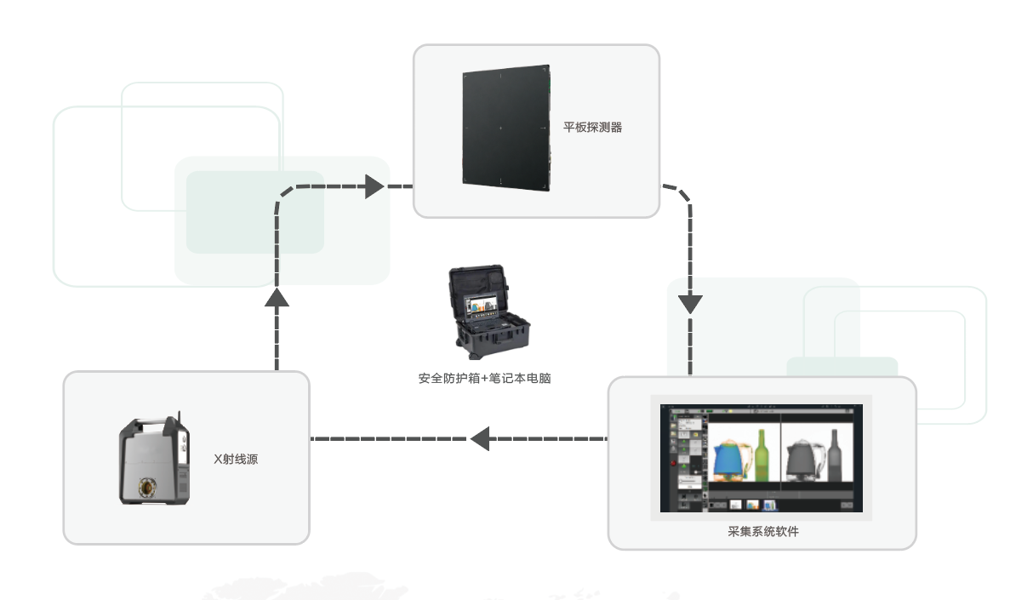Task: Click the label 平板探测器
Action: (593, 128)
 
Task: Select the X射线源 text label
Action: (236, 459)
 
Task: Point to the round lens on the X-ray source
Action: (149, 486)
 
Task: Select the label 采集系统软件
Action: (763, 532)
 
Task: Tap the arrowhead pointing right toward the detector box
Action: (374, 186)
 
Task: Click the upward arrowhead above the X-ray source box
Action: (277, 296)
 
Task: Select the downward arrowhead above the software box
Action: (690, 304)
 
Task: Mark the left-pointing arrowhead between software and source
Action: (480, 438)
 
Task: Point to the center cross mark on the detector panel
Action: (500, 129)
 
